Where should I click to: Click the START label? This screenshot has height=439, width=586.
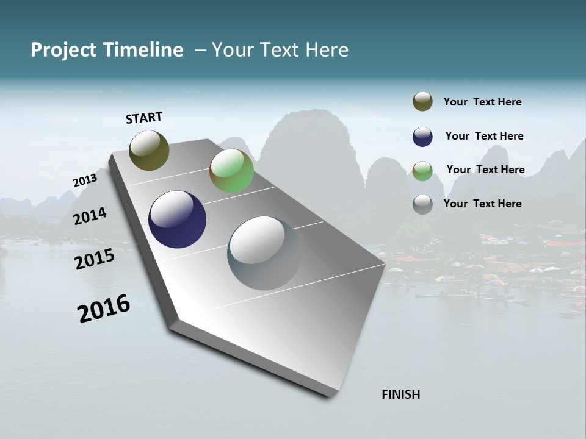click(144, 118)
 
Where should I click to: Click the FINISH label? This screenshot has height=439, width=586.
click(401, 394)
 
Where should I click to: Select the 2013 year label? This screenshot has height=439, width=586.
click(85, 180)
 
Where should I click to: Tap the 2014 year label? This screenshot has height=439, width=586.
click(90, 216)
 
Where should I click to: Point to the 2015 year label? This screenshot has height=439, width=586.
click(95, 259)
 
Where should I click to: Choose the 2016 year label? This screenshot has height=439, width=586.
click(104, 308)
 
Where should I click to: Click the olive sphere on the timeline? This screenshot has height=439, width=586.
click(149, 150)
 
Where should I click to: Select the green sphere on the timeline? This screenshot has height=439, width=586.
click(231, 171)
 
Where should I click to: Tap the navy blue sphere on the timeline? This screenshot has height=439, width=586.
click(177, 220)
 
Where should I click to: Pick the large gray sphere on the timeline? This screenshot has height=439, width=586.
click(264, 253)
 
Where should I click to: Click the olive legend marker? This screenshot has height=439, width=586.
click(422, 102)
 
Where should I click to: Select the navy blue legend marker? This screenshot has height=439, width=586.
click(422, 137)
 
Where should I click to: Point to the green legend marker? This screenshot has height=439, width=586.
click(422, 171)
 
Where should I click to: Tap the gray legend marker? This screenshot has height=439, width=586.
click(422, 204)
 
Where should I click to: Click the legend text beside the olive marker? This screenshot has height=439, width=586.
click(482, 102)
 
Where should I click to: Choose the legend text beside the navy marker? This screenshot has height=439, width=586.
click(484, 136)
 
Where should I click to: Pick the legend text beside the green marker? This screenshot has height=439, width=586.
click(485, 170)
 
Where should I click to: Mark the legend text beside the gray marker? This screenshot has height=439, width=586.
click(482, 204)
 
